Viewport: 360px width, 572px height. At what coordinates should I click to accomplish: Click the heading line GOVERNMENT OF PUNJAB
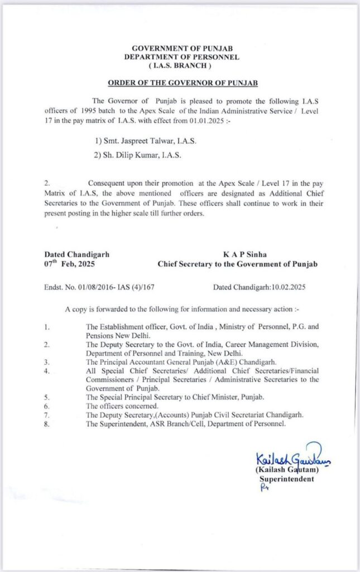tap(182, 49)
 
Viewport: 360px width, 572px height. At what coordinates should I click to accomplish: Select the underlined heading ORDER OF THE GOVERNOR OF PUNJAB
tap(182, 83)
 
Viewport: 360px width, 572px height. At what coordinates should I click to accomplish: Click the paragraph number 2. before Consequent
tap(47, 183)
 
